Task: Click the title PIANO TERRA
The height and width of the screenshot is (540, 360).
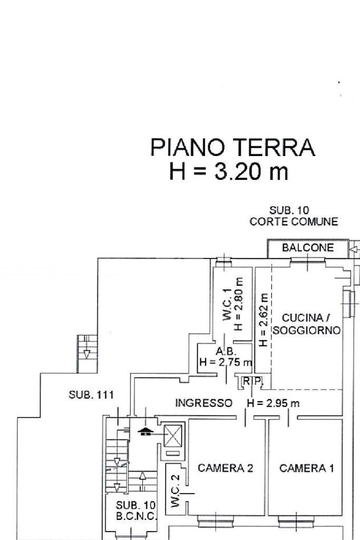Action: click(x=232, y=147)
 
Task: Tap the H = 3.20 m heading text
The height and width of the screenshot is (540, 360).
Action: click(x=229, y=172)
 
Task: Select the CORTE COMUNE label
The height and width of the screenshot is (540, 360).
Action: click(x=294, y=222)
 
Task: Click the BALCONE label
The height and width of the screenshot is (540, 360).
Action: click(x=308, y=248)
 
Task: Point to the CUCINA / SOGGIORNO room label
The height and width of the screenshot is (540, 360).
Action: click(x=306, y=324)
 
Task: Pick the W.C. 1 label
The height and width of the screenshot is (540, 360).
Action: click(x=226, y=307)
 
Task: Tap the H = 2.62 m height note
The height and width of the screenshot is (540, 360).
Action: click(x=264, y=320)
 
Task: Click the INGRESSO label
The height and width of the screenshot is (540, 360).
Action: click(x=203, y=403)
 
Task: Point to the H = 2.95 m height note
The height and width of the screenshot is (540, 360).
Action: click(x=273, y=403)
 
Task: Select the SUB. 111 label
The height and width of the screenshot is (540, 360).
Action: click(x=91, y=395)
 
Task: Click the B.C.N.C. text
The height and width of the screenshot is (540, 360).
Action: click(x=136, y=516)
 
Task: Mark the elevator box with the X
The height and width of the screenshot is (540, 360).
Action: click(x=172, y=436)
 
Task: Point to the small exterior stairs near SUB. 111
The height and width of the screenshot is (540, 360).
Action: click(x=87, y=347)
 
